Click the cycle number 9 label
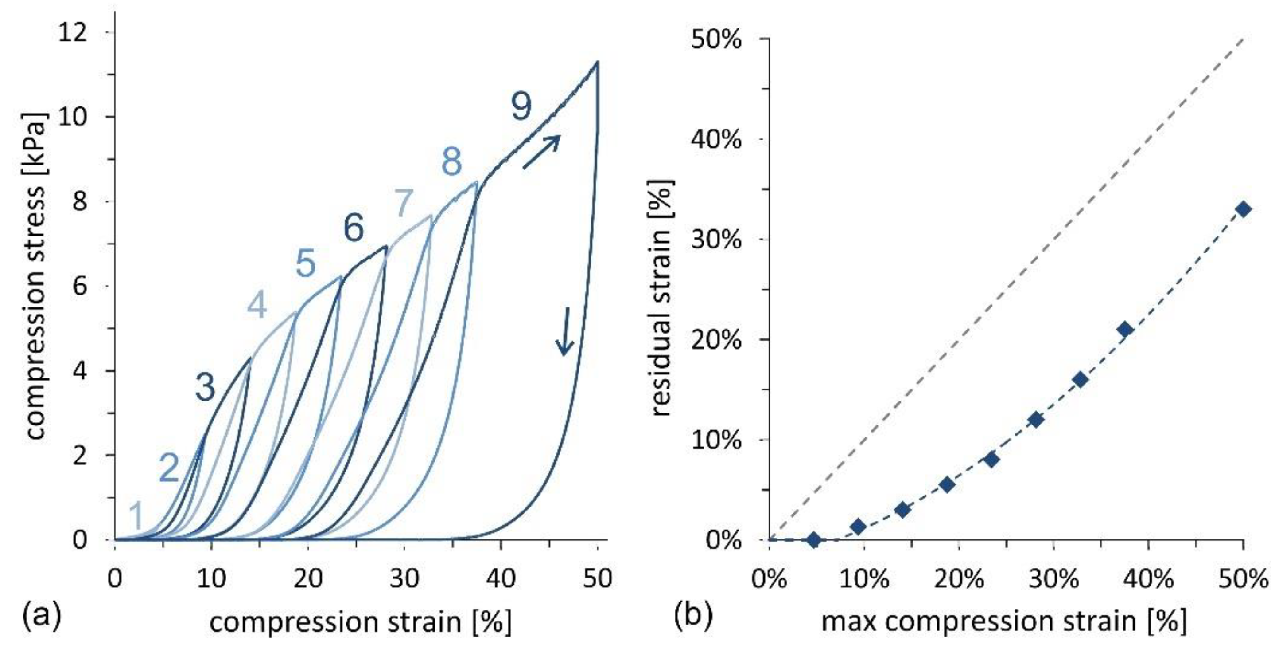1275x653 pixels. coord(521,106)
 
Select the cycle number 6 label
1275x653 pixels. coord(354,228)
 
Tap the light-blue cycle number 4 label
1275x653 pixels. coord(257,305)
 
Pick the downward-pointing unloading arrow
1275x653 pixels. coord(564,331)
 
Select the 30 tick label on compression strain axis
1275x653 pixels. coord(404,578)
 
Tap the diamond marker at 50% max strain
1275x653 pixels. coord(1243,209)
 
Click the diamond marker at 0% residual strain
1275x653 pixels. coord(814,539)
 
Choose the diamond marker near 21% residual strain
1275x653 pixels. coord(1125,330)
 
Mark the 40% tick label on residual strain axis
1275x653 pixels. coord(716,140)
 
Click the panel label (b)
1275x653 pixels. coord(693,615)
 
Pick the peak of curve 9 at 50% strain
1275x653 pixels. coord(598,62)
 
